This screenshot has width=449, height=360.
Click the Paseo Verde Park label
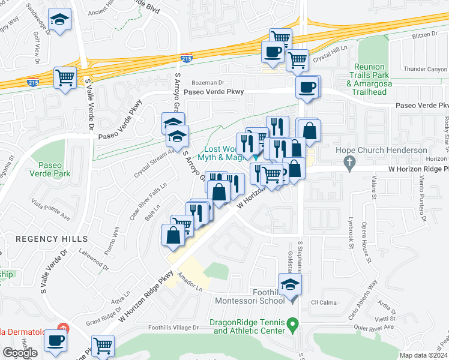54,169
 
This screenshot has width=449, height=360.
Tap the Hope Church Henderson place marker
348,161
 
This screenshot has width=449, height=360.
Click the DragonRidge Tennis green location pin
293,326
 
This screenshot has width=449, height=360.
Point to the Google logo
20,353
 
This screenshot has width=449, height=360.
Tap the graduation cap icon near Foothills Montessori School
290,284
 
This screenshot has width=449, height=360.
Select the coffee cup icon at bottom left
56,340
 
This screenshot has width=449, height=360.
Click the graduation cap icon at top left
59,22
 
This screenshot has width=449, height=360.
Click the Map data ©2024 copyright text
423,355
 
